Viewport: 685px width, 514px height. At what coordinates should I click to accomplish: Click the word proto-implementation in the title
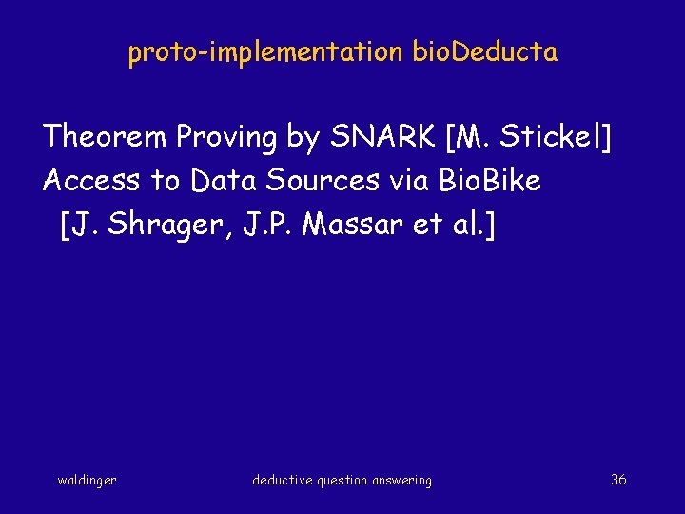click(x=265, y=52)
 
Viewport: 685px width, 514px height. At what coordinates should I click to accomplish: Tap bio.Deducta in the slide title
click(x=485, y=52)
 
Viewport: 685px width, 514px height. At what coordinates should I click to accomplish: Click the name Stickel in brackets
click(x=551, y=137)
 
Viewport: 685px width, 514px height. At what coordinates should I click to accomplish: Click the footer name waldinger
click(x=88, y=481)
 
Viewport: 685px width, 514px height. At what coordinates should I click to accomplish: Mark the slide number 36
click(x=618, y=480)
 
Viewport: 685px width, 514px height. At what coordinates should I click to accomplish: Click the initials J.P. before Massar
click(x=275, y=225)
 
